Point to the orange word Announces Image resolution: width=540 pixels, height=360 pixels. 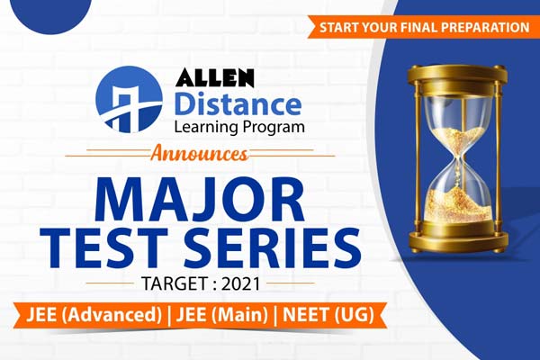pyautogui.click(x=202, y=153)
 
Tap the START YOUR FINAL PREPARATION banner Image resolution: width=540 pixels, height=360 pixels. pyautogui.click(x=423, y=27)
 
